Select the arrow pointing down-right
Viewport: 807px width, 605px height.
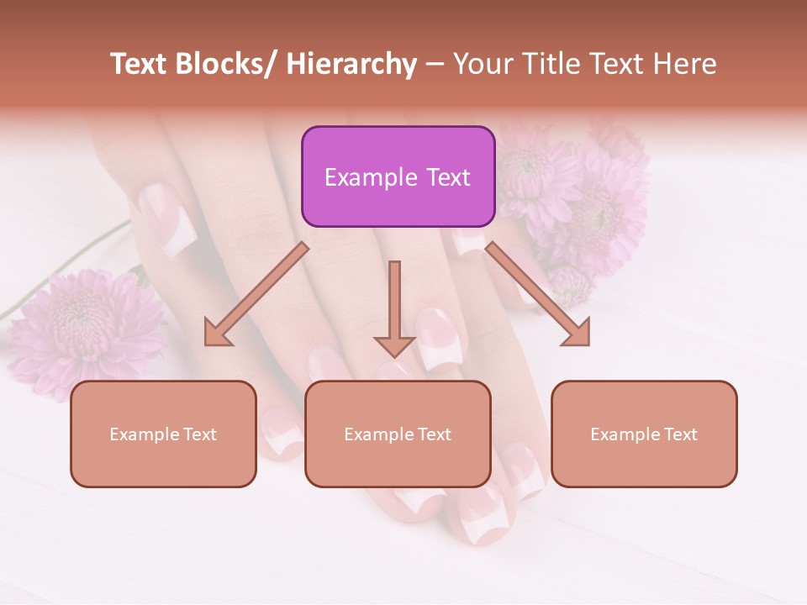[538, 294]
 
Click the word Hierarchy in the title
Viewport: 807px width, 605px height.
[351, 64]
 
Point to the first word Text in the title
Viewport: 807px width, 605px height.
[140, 64]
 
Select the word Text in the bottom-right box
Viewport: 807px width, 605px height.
[678, 434]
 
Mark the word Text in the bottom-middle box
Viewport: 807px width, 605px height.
[431, 434]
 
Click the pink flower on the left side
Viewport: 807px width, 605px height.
[80, 324]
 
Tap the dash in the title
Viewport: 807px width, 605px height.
[435, 64]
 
